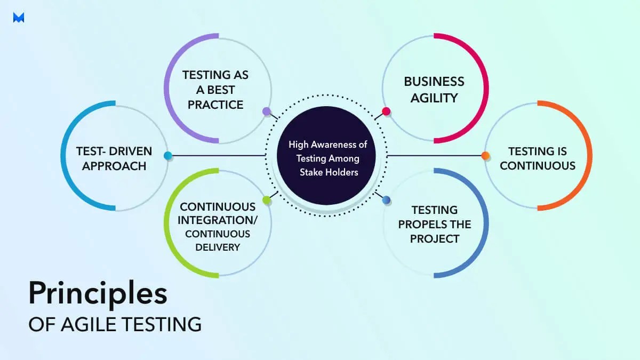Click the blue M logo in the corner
(19, 18)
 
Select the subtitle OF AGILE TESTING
(115, 324)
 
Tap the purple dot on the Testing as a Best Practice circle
(266, 111)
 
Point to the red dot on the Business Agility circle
(386, 111)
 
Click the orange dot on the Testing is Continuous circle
(485, 156)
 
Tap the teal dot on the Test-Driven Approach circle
(167, 156)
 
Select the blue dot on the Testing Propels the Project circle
(386, 200)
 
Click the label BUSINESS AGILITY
(434, 90)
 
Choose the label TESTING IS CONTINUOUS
(537, 158)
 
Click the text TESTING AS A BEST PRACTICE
(215, 90)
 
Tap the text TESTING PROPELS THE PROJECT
(434, 224)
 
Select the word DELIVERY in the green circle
(218, 247)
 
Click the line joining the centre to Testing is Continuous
(435, 156)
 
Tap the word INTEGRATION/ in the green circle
(218, 220)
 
